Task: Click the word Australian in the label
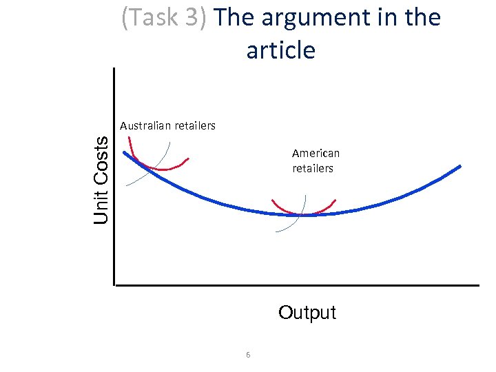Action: (145, 125)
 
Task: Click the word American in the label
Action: (316, 153)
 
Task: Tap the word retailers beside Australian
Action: (194, 125)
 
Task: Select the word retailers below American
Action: (313, 168)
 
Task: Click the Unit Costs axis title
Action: (101, 179)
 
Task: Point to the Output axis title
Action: (307, 313)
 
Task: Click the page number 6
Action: (248, 355)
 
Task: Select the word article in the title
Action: (280, 50)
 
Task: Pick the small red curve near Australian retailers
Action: (163, 167)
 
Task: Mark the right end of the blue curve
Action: (459, 166)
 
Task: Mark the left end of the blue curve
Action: (125, 152)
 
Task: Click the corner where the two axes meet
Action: (115, 284)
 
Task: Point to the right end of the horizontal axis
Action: (477, 285)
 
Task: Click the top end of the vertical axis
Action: (114, 70)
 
